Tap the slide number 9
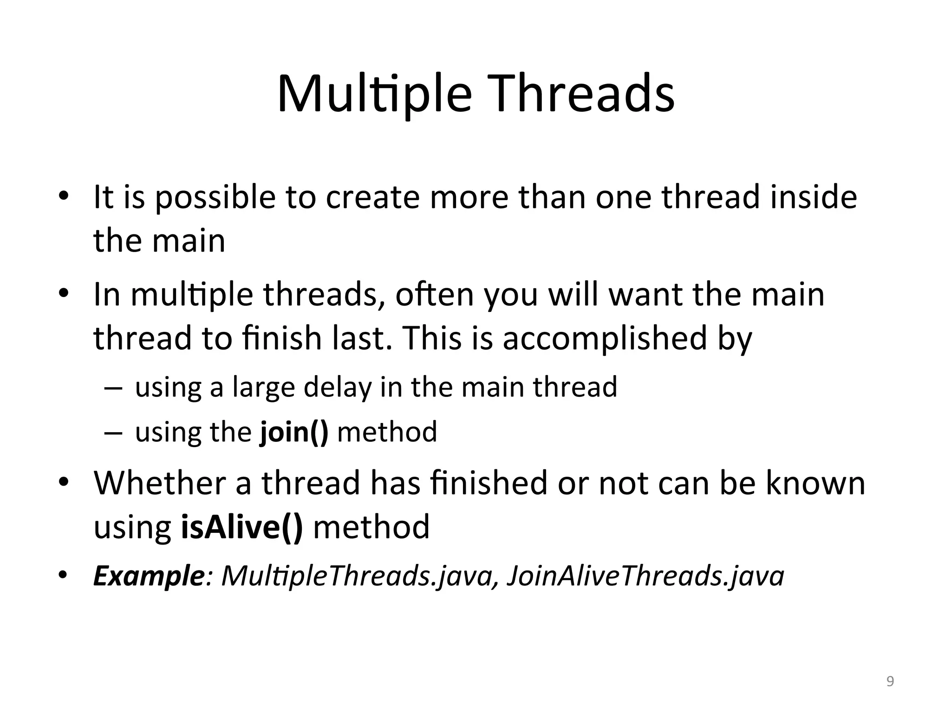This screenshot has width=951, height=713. pyautogui.click(x=890, y=681)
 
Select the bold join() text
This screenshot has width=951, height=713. pyautogui.click(x=294, y=432)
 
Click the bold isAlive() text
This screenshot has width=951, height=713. pyautogui.click(x=242, y=526)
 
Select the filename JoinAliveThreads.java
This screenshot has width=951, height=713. pyautogui.click(x=645, y=576)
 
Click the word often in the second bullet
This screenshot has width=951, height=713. pyautogui.click(x=434, y=294)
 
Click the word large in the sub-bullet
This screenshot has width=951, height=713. pyautogui.click(x=263, y=388)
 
